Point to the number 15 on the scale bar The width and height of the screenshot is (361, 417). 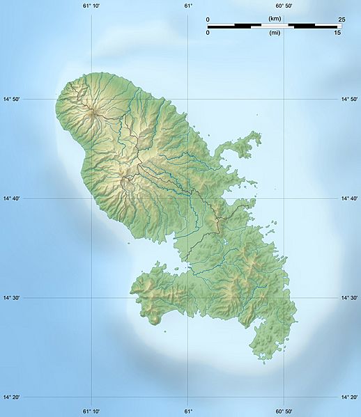point(337,33)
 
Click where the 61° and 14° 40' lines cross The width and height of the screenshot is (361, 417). point(188,198)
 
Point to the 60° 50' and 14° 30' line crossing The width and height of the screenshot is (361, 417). point(284,298)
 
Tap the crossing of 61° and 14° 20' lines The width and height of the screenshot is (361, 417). point(188,398)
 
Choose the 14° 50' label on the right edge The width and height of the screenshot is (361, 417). point(348,100)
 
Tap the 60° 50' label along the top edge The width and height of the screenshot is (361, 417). point(284,6)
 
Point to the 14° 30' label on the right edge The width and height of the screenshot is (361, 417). point(348,298)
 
